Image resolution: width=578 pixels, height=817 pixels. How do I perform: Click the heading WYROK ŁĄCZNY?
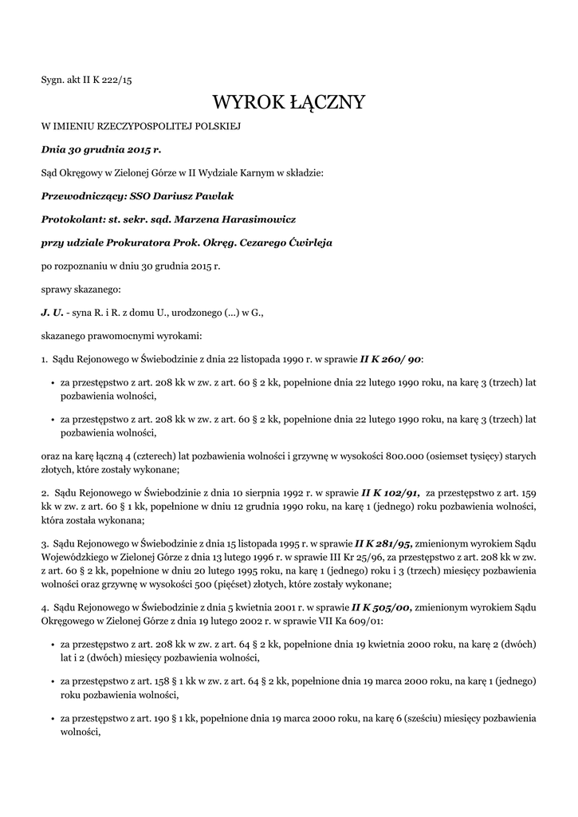click(289, 102)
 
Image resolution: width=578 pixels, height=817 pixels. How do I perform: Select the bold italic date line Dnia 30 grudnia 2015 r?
click(101, 148)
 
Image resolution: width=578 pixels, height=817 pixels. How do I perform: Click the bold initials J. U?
click(52, 313)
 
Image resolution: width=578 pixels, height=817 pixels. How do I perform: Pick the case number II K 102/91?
click(391, 493)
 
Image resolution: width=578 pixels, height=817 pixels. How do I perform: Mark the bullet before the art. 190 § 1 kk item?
click(52, 720)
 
